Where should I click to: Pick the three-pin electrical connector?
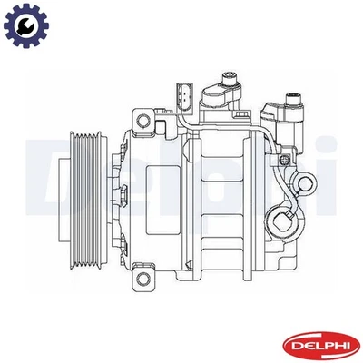click(184, 94)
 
